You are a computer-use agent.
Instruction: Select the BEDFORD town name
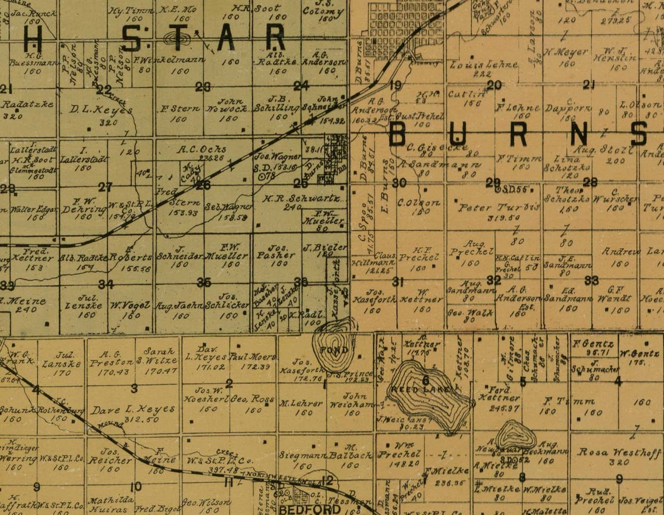[x=302, y=509]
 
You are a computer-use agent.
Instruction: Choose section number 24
[x=301, y=86]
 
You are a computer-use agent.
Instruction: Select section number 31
[x=398, y=282]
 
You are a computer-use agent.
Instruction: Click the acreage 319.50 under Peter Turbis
[x=491, y=218]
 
